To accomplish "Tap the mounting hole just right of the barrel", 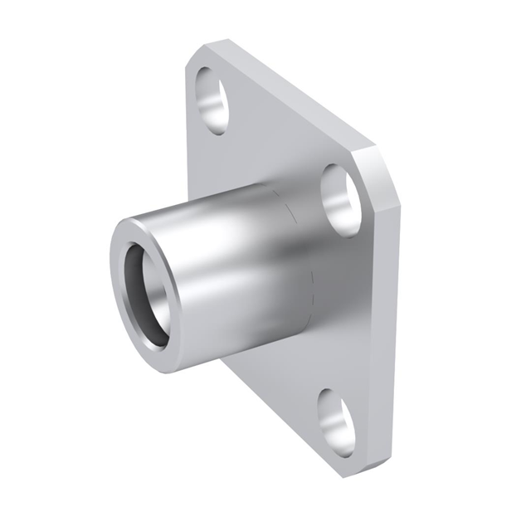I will pyautogui.click(x=341, y=199).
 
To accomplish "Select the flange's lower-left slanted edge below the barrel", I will pyautogui.click(x=274, y=415).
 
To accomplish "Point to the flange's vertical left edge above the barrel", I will pyautogui.click(x=188, y=133).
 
